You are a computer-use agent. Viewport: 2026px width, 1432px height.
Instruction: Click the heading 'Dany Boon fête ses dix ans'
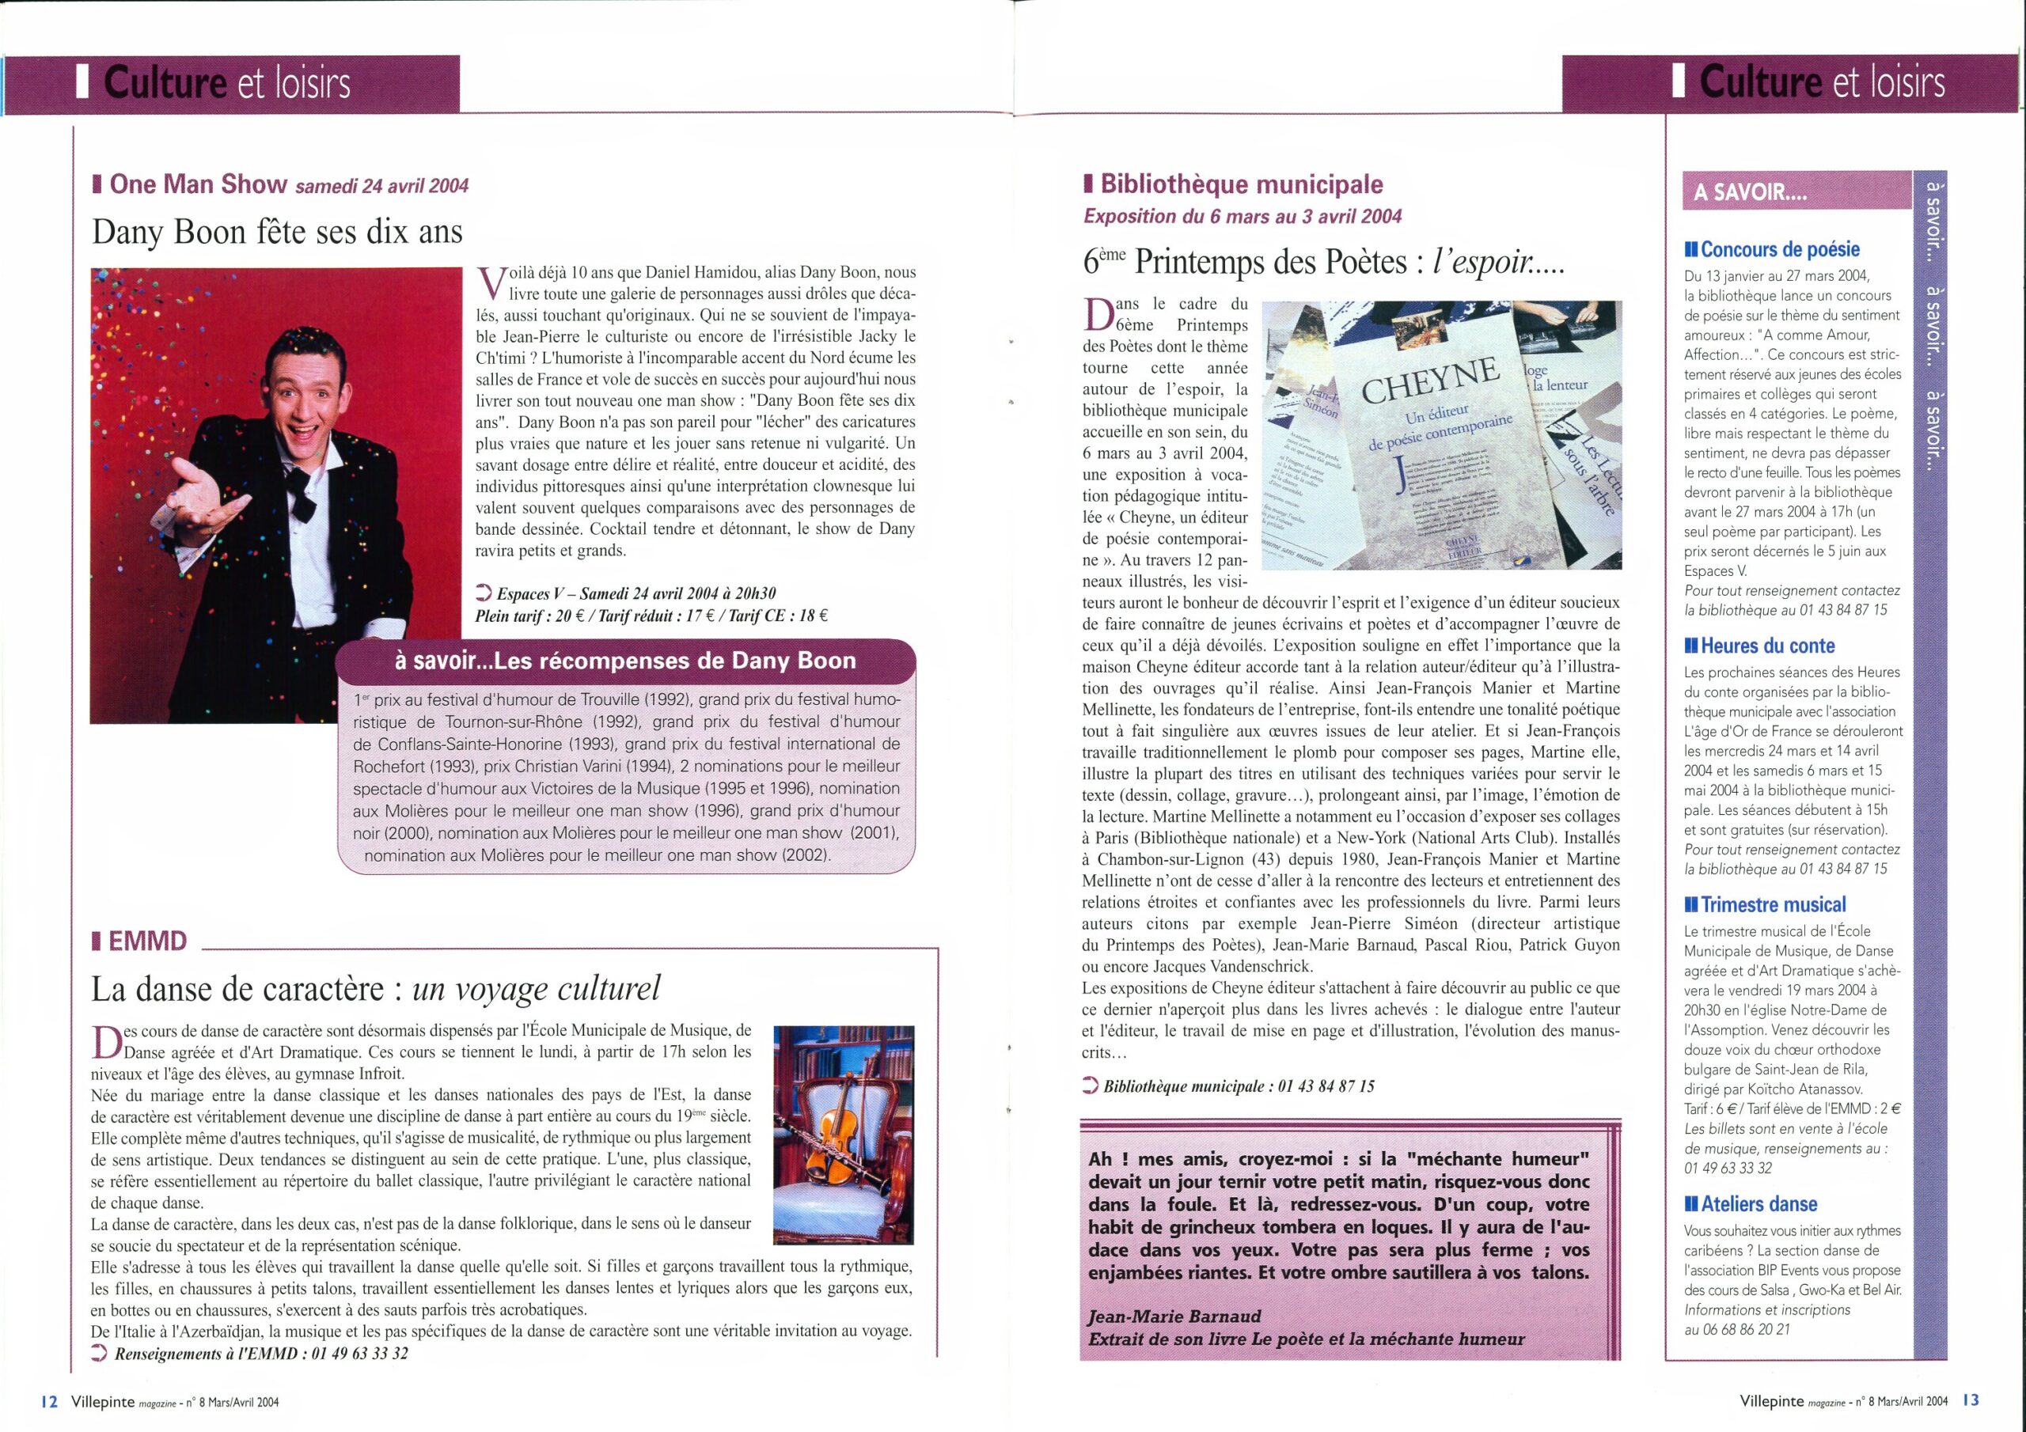click(x=277, y=232)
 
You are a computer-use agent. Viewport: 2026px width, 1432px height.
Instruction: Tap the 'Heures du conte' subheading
click(x=1766, y=646)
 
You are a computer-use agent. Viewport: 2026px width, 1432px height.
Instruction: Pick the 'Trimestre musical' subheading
click(x=1773, y=905)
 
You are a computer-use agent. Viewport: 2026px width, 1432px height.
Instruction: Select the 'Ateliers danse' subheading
click(x=1759, y=1204)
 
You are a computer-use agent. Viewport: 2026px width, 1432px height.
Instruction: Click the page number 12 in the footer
click(x=49, y=1401)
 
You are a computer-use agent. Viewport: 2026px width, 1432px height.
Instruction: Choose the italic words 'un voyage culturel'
click(x=537, y=989)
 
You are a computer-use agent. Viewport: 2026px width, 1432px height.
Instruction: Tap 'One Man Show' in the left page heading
click(x=198, y=184)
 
